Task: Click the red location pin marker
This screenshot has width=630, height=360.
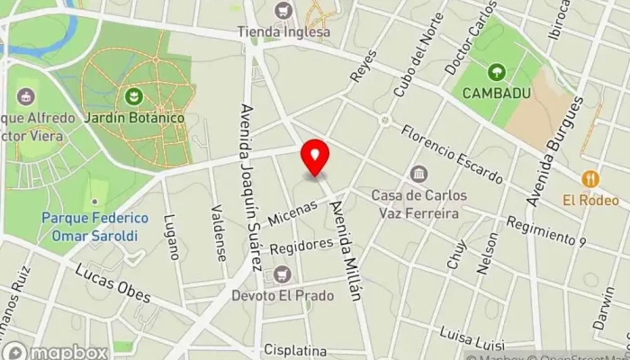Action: click(315, 157)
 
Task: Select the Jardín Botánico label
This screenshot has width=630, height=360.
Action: click(135, 118)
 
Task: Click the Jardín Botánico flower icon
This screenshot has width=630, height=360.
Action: click(134, 94)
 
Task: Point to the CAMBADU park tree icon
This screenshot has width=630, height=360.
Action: click(496, 71)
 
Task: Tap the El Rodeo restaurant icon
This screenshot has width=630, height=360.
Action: click(590, 178)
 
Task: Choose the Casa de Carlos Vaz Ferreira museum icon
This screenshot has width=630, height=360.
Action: click(418, 174)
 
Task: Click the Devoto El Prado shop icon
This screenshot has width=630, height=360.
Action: click(283, 274)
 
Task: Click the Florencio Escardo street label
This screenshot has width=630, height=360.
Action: click(452, 154)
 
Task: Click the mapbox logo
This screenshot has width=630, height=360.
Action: click(56, 352)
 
